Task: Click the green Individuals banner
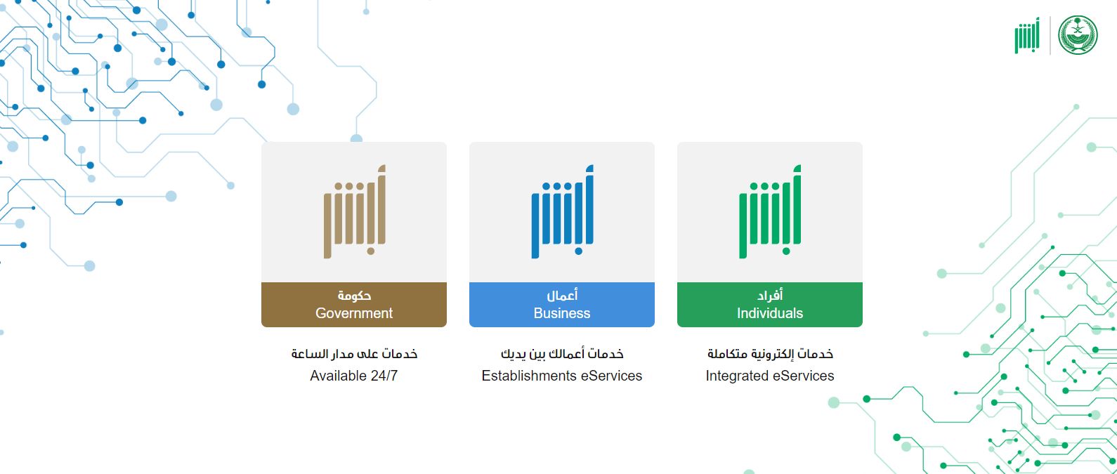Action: (769, 305)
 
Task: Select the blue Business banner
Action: (561, 305)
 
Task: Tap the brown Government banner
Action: (353, 305)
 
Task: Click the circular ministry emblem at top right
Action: (1078, 35)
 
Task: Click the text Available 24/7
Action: (353, 376)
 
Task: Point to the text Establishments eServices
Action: (561, 376)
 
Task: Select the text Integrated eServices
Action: (769, 376)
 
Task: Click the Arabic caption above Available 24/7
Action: (354, 353)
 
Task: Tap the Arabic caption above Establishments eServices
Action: (562, 353)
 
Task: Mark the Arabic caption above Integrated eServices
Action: (770, 353)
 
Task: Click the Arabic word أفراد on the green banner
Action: (770, 296)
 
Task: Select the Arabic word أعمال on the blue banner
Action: (562, 296)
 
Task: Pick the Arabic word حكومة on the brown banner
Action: (354, 296)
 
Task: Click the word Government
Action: (354, 313)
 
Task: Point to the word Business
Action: (562, 313)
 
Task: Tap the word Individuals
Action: (770, 313)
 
